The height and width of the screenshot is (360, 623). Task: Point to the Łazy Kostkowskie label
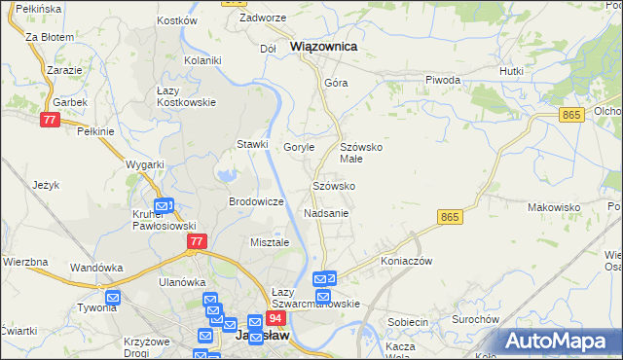[186, 96]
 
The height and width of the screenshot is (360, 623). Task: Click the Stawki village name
[252, 144]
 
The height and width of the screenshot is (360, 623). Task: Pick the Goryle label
[299, 147]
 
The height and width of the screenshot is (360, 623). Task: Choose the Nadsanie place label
[326, 212]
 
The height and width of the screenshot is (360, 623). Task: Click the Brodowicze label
[255, 201]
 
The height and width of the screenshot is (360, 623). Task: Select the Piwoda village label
[443, 80]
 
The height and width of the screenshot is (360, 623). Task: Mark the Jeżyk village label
[46, 185]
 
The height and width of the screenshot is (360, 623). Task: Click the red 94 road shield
[276, 319]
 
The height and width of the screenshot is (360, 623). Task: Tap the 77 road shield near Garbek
[50, 120]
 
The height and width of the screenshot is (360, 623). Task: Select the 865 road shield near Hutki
[571, 115]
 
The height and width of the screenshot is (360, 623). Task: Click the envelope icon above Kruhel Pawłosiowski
[164, 206]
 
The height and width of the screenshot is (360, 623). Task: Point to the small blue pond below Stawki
[227, 176]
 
